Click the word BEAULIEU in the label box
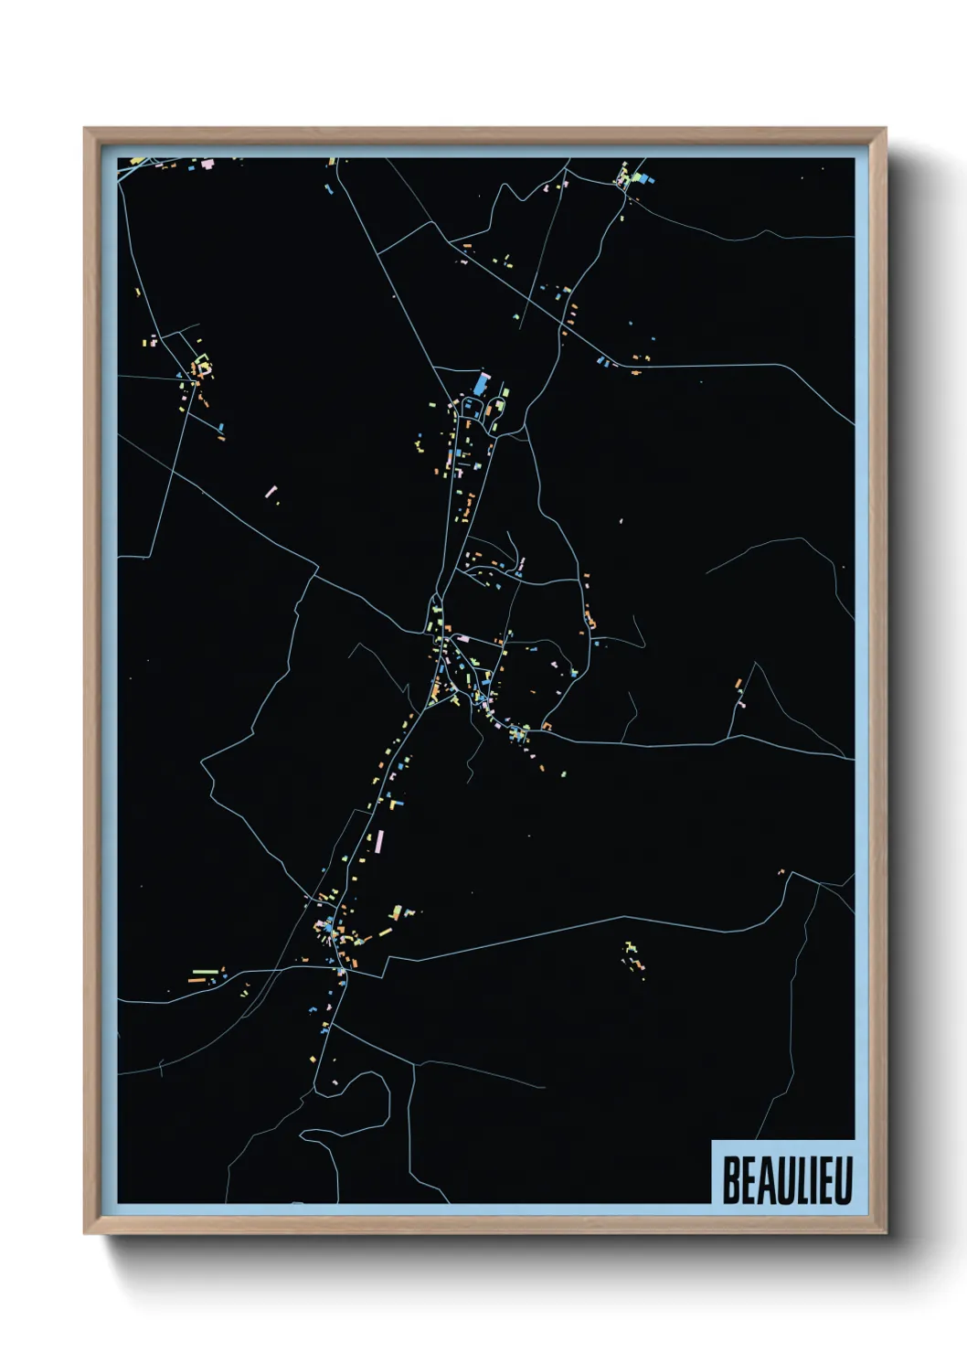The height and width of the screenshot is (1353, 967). tap(787, 1179)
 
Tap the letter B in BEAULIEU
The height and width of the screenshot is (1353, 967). tap(731, 1179)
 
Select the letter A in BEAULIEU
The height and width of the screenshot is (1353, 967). tap(762, 1179)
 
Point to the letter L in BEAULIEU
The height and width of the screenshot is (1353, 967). tap(796, 1179)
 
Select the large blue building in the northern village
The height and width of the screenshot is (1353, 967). tap(481, 383)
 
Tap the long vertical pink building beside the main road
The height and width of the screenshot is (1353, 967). tap(379, 838)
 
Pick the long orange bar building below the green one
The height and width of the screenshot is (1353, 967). tap(197, 980)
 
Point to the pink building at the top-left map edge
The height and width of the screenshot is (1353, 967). tap(207, 164)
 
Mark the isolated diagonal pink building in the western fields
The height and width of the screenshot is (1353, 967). tap(271, 492)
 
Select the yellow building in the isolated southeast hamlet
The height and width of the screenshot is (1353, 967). tap(628, 945)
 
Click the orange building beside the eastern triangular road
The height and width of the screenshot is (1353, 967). tap(738, 683)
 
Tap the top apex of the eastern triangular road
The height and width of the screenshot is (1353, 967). tap(755, 664)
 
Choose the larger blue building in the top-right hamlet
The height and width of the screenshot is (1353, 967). tap(640, 176)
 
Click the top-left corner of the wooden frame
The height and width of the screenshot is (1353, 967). tap(85, 129)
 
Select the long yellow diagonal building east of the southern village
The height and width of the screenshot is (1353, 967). tap(385, 933)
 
